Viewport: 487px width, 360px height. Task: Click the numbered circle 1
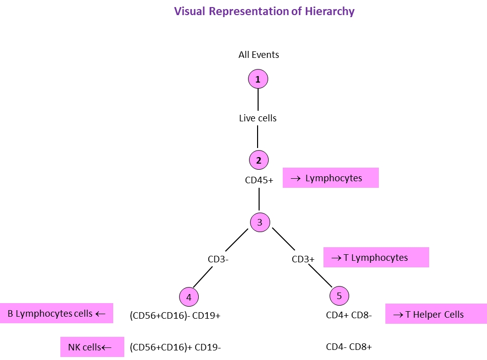point(258,79)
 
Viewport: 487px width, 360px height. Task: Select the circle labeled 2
point(259,161)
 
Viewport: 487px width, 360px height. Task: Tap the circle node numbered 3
point(260,222)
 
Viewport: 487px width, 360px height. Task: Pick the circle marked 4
point(189,297)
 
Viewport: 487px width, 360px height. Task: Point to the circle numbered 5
point(339,296)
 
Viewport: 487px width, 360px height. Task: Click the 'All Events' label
point(259,55)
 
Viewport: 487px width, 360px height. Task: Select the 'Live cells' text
point(258,118)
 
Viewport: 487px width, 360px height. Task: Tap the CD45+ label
point(259,179)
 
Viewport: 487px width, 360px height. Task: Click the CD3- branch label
point(219,259)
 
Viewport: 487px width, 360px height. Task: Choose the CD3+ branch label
point(303,259)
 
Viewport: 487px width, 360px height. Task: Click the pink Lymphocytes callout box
point(330,178)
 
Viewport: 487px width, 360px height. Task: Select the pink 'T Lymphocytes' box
point(376,257)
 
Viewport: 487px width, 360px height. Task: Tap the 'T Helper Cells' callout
point(436,314)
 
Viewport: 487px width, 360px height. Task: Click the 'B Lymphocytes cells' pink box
point(56,313)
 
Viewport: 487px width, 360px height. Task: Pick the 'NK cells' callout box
point(92,347)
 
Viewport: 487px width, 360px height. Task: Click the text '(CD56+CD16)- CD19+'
point(175,316)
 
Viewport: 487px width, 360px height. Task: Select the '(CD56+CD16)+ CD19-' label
point(175,347)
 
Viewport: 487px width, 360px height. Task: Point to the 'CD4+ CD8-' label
point(349,316)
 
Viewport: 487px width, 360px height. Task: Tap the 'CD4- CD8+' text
point(349,346)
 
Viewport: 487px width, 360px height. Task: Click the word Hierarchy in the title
point(330,12)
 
